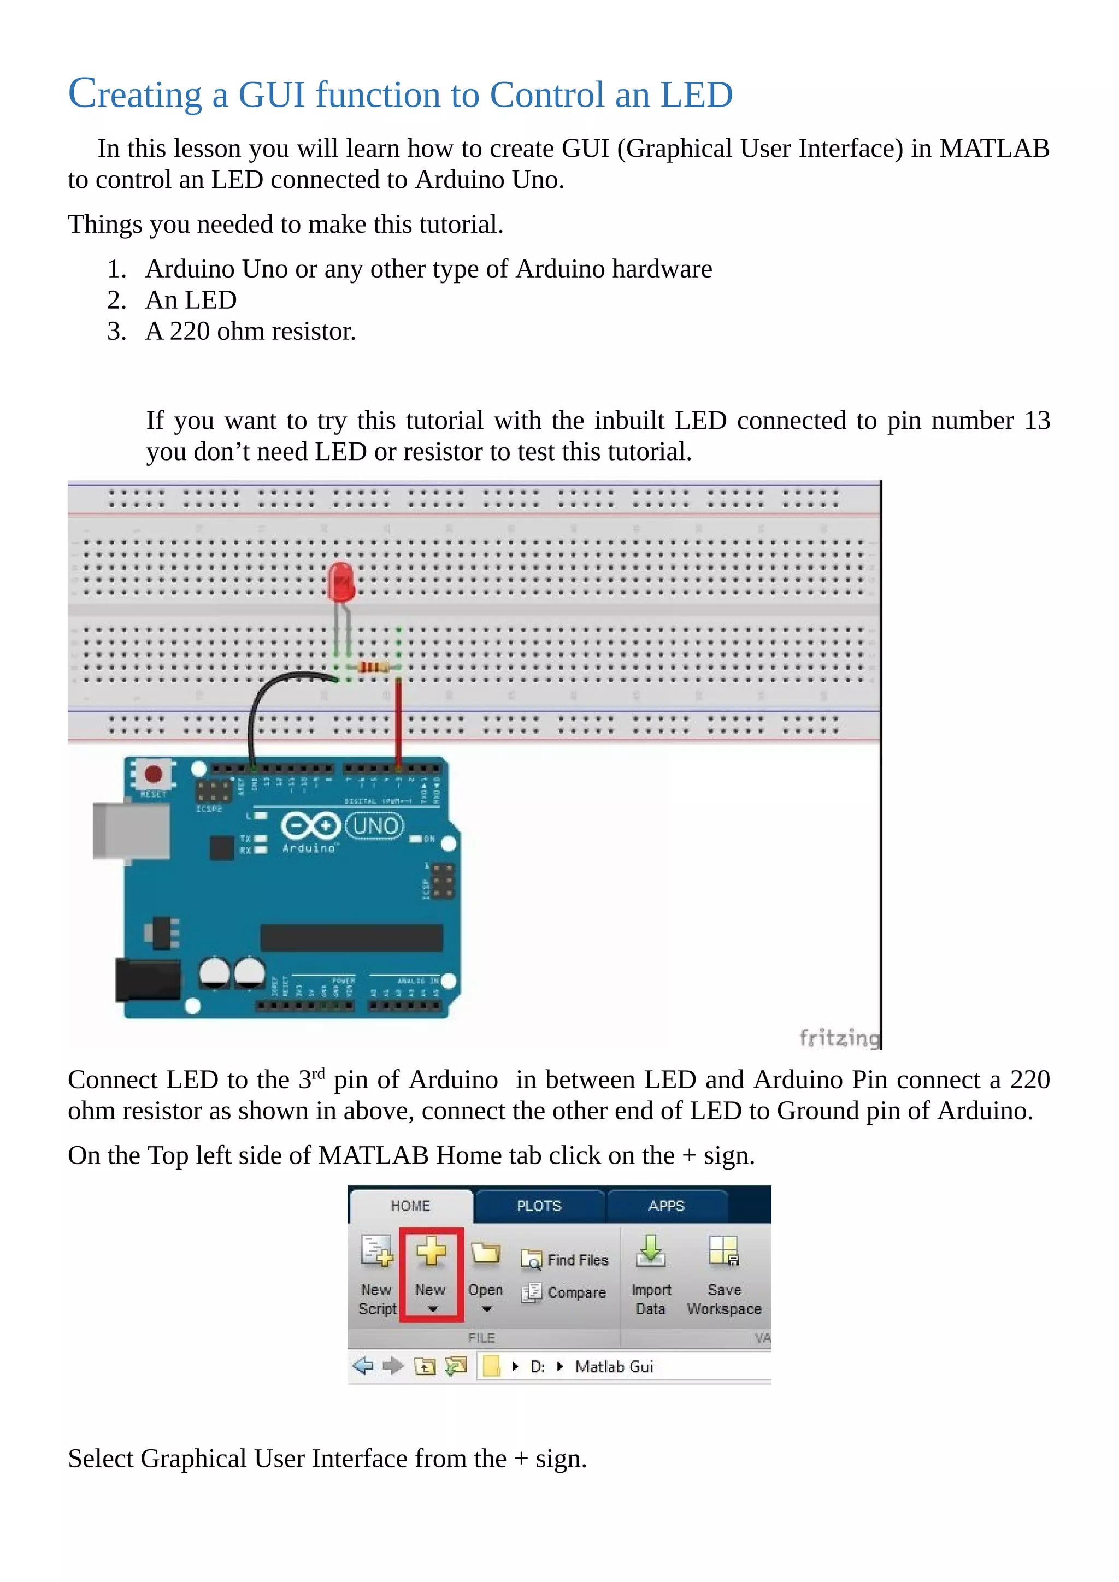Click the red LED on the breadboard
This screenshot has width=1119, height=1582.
pos(340,582)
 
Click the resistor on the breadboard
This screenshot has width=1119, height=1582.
pos(373,667)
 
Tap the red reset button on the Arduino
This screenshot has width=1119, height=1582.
pos(153,774)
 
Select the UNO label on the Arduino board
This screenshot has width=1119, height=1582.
pos(375,825)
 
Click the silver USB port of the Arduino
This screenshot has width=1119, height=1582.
pos(131,830)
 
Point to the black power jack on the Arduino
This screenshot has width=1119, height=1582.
pos(148,980)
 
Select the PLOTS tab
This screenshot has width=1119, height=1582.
pos(539,1206)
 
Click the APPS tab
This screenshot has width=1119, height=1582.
pos(665,1206)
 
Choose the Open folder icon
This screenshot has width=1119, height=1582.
pos(485,1253)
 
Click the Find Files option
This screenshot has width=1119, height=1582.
pos(578,1260)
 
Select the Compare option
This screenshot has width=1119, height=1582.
pos(576,1292)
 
